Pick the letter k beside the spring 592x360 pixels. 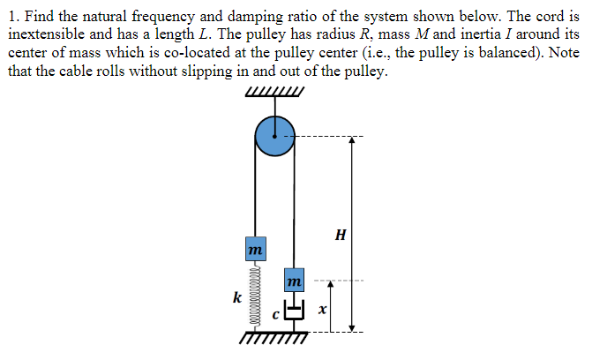(236, 297)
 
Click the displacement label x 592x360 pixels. (324, 311)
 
